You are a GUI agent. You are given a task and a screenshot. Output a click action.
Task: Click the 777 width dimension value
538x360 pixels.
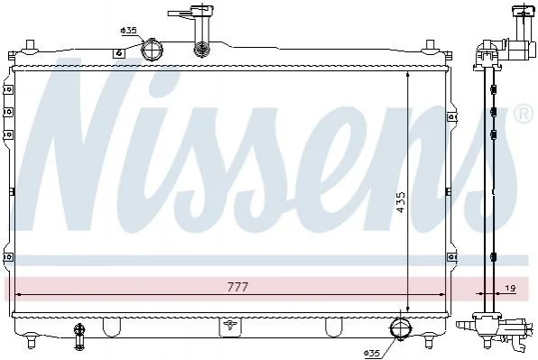point(237,287)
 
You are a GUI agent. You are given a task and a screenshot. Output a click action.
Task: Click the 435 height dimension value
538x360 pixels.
point(400,202)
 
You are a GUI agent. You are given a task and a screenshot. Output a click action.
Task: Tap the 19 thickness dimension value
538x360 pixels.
point(511,289)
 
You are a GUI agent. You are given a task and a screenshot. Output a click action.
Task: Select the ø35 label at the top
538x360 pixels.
point(129,31)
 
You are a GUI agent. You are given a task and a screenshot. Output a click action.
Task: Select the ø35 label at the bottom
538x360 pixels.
point(372,353)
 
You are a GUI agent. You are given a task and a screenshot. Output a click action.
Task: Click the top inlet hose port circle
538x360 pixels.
point(152,50)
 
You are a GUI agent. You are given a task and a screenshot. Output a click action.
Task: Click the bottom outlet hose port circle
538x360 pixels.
point(401,328)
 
